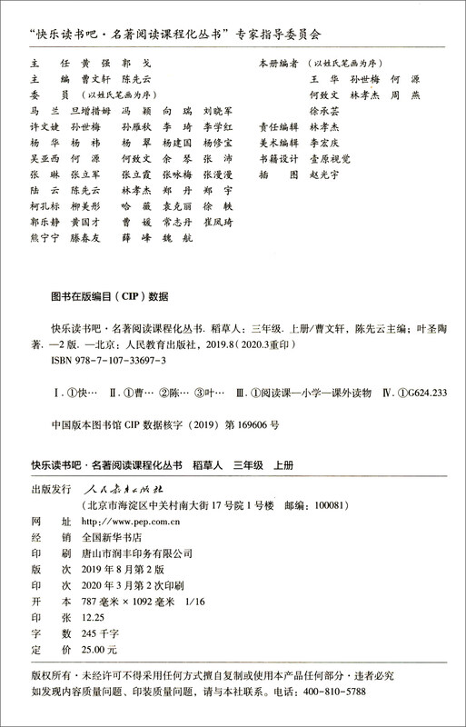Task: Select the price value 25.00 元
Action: click(99, 651)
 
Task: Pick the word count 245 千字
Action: click(99, 634)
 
